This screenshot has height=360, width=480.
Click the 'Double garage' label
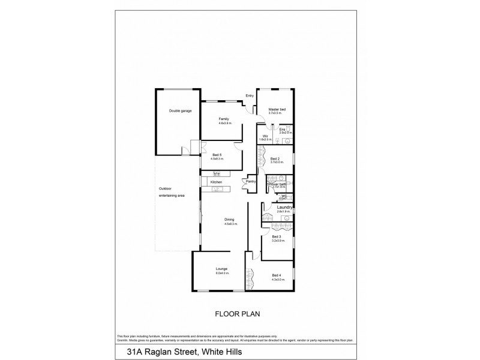coord(180,110)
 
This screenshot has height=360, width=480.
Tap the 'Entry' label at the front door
coord(250,95)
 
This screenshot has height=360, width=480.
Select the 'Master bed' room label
coord(277,109)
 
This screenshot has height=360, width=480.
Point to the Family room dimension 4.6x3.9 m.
coord(224,124)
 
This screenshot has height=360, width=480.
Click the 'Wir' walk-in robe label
coord(265,136)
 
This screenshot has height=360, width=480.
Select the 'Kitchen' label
coord(217,182)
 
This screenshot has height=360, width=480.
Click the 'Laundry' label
coord(284,208)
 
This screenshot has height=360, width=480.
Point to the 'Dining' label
coord(229,219)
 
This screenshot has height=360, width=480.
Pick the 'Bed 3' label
coord(277,236)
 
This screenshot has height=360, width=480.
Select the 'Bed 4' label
coord(277,275)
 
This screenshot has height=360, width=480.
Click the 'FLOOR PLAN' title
coord(231,313)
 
